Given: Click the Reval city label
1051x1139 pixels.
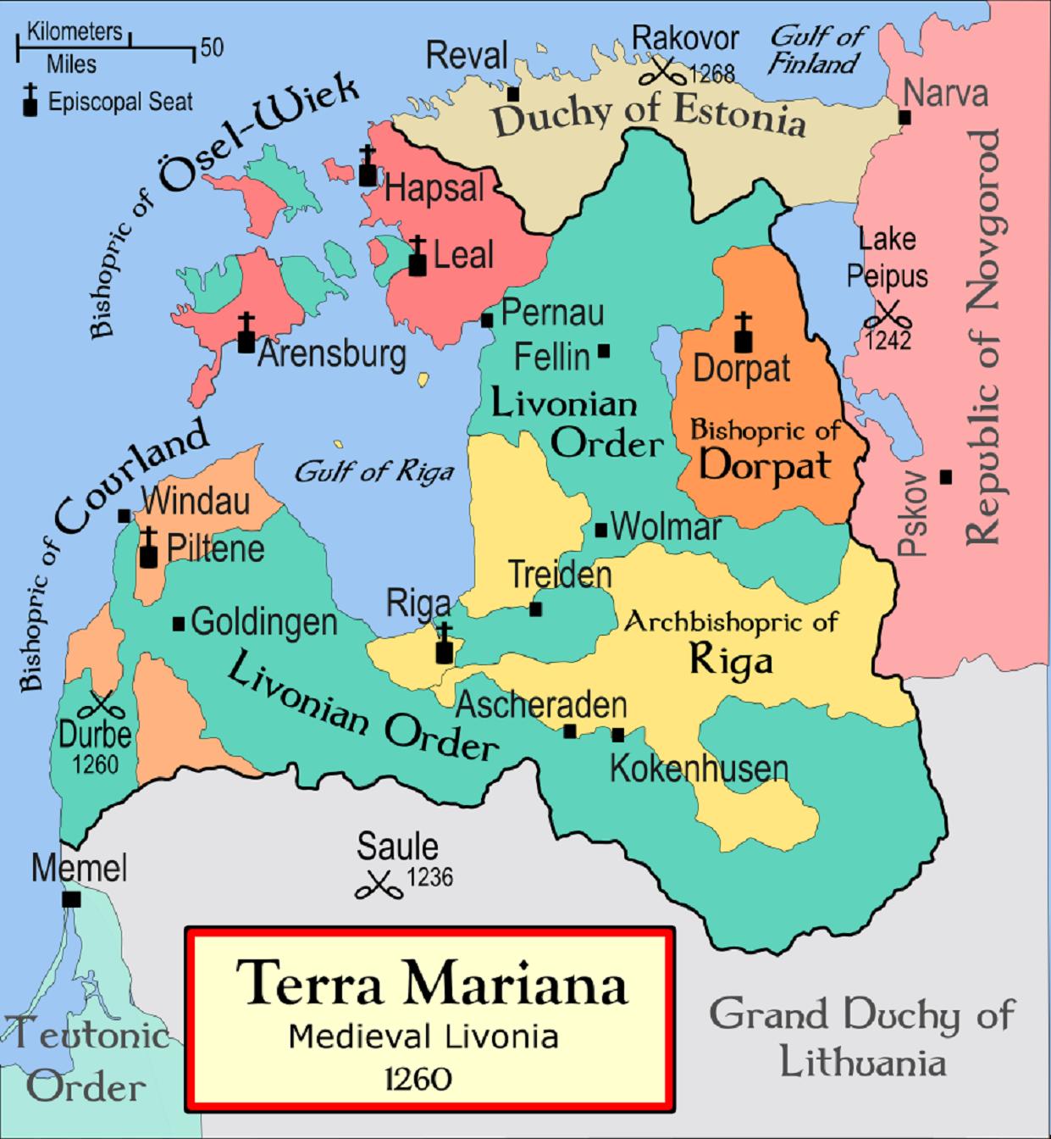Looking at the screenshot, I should click(466, 56).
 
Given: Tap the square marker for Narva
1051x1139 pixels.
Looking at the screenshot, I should click(905, 118).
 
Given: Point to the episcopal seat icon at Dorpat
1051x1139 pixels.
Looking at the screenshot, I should click(743, 333).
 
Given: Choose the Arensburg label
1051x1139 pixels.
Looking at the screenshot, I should click(331, 354).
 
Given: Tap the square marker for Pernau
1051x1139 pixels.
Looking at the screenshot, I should click(487, 320).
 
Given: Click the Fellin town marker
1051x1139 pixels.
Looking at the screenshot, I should click(604, 350).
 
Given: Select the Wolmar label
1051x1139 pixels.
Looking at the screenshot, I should click(665, 527).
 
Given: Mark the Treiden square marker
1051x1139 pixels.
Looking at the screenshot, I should click(535, 608).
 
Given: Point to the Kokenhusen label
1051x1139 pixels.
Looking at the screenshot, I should click(699, 769).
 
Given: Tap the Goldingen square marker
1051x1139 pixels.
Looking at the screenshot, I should click(179, 624).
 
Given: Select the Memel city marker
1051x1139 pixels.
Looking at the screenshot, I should click(72, 899).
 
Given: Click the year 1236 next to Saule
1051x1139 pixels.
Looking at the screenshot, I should click(430, 877).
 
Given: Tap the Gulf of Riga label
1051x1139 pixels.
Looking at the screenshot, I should click(373, 472).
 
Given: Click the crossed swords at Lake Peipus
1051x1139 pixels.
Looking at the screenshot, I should click(887, 314).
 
